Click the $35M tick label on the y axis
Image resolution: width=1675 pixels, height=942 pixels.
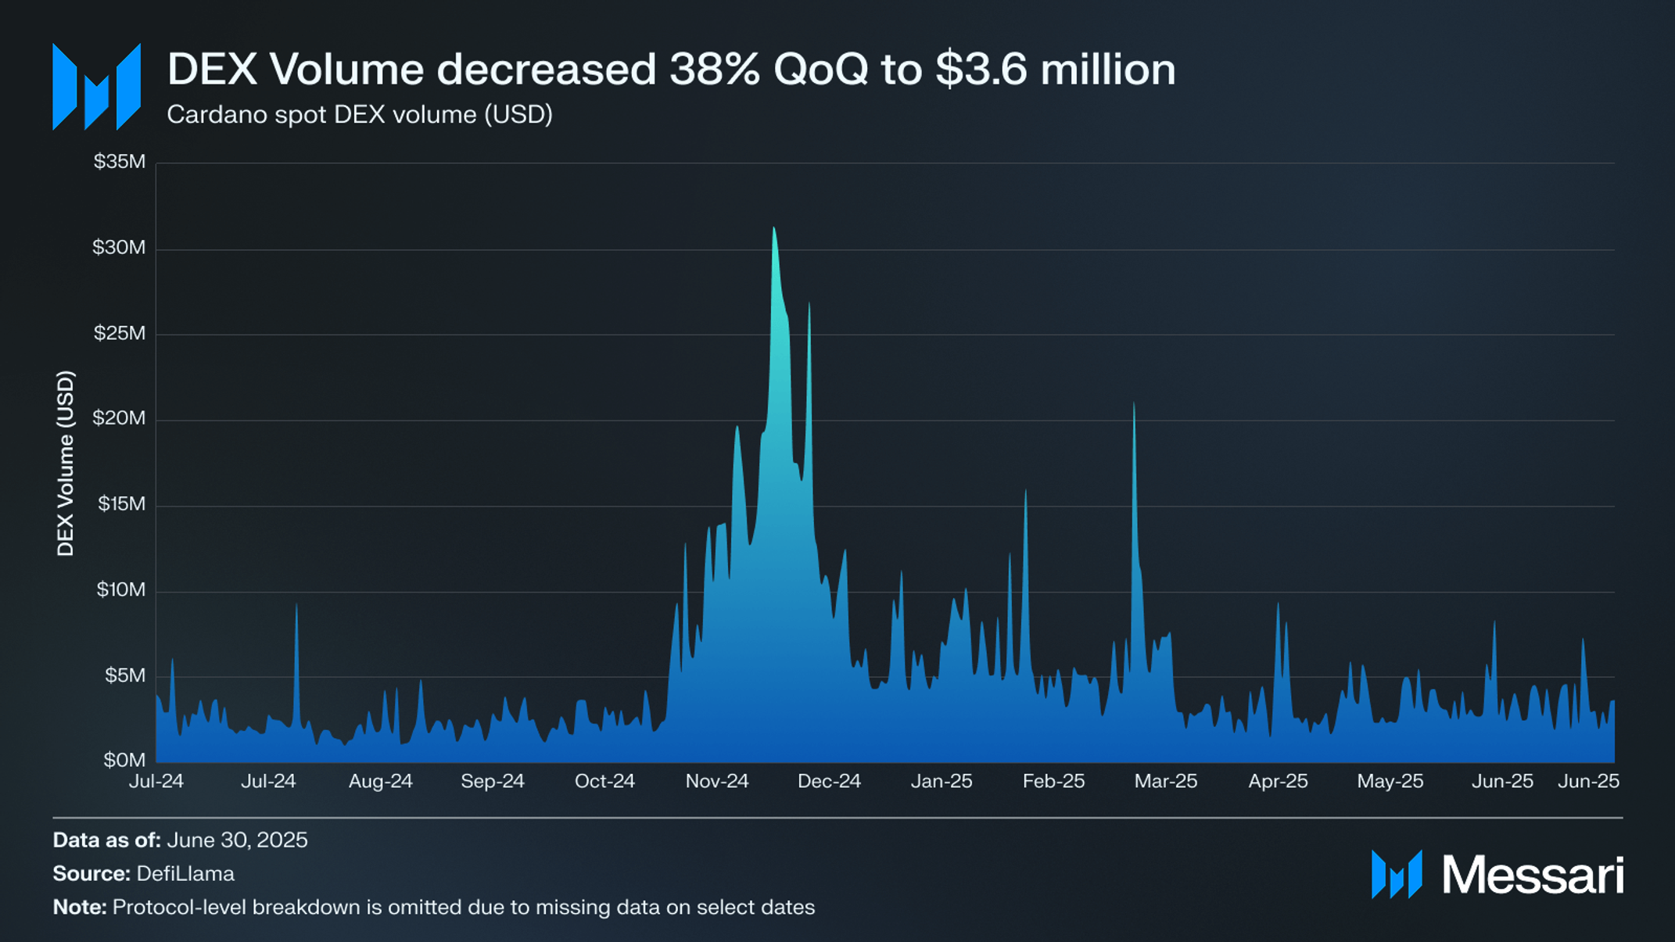[119, 162]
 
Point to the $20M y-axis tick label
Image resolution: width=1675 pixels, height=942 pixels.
[119, 418]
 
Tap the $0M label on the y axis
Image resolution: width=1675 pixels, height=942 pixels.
[124, 760]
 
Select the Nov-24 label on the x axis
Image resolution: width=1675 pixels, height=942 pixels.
[717, 781]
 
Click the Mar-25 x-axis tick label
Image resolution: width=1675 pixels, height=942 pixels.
[1165, 781]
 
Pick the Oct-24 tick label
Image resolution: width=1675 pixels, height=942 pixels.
[604, 781]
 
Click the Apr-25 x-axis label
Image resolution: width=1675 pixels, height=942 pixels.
[1278, 781]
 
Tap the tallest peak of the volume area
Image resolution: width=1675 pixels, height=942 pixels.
[773, 228]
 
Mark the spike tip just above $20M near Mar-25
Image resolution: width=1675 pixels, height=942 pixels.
[1134, 403]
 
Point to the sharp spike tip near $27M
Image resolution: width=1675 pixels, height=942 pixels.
[809, 303]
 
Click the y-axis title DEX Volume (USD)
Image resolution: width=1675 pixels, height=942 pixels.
[66, 464]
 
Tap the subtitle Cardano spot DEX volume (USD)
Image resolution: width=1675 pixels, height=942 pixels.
[360, 115]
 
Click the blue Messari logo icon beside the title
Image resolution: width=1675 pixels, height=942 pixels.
[96, 87]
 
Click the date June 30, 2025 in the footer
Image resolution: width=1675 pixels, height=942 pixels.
[237, 840]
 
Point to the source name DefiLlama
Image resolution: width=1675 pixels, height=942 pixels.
[185, 874]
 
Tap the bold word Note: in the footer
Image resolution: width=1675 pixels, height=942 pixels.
[80, 908]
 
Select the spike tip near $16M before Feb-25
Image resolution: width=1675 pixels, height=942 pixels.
[1025, 491]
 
